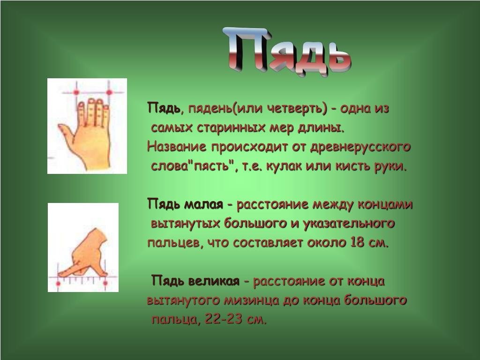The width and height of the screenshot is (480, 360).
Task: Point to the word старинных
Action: (x=230, y=127)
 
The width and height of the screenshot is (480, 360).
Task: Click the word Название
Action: (x=177, y=147)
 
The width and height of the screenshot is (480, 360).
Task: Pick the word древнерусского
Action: (x=360, y=147)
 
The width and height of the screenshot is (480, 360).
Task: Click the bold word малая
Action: (x=203, y=204)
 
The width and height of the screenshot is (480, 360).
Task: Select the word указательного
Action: (x=348, y=224)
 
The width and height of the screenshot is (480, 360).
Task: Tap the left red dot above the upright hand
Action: (x=76, y=92)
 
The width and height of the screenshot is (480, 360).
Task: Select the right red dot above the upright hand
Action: (x=109, y=92)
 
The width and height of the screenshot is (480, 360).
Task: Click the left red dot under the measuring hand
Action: (x=58, y=284)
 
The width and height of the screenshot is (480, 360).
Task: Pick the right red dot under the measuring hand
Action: (x=105, y=284)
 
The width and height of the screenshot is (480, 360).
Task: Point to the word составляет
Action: (x=268, y=243)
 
